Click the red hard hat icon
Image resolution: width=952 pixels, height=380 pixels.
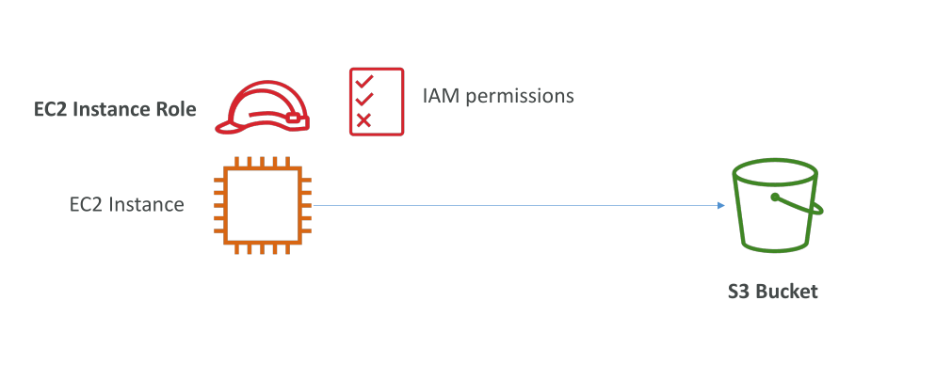[263, 107]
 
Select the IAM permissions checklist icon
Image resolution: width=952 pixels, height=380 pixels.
[377, 102]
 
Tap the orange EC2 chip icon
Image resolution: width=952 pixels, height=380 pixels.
[263, 205]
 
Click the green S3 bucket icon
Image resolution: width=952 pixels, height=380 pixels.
[777, 205]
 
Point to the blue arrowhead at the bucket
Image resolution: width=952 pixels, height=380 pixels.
[721, 205]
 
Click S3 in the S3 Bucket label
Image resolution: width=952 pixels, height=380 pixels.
[739, 292]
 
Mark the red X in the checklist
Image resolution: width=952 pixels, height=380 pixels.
[363, 120]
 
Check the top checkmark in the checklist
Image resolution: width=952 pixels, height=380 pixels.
[364, 81]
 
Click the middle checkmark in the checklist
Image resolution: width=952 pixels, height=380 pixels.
[364, 99]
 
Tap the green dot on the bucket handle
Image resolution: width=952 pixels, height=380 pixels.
[775, 197]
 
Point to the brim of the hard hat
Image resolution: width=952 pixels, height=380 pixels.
[227, 126]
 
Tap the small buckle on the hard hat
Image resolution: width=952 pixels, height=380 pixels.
[294, 119]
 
